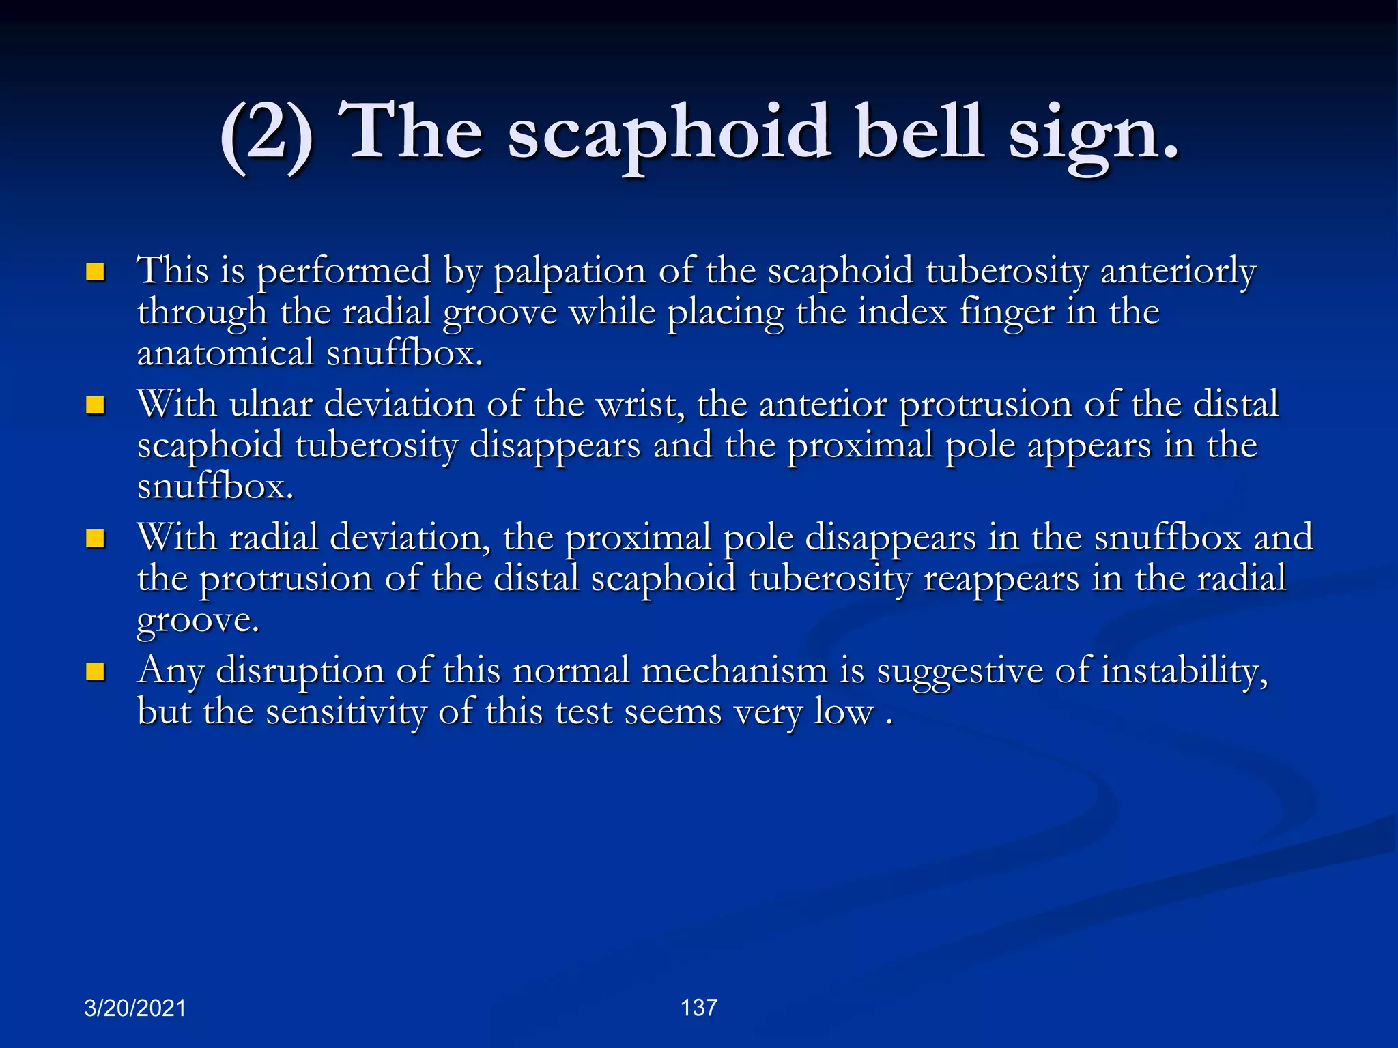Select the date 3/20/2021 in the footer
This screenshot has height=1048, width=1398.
point(134,1008)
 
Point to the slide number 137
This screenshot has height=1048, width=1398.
point(698,1007)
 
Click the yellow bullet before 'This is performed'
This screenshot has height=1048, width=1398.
point(95,273)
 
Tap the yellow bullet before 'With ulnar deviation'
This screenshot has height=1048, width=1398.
point(95,406)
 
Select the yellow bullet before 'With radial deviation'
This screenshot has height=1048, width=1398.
point(95,539)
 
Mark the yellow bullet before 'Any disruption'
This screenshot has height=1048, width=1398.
point(95,672)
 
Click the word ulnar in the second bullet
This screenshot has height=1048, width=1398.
point(270,404)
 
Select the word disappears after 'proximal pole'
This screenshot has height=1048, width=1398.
point(890,539)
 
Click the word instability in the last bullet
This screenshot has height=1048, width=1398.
point(1184,671)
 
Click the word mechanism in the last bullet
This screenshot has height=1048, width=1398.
point(734,671)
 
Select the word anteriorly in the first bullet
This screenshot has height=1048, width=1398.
point(1178,272)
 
